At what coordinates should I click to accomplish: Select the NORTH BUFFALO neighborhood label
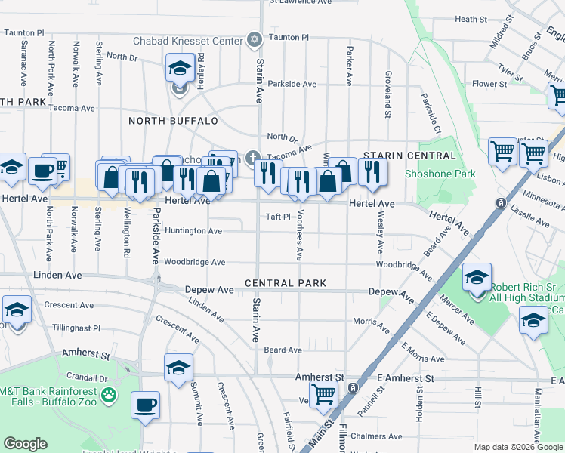pos(173,121)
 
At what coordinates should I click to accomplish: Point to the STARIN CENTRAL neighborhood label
pos(409,156)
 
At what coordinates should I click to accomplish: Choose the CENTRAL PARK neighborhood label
pos(286,283)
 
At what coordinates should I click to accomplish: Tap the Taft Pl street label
pos(278,217)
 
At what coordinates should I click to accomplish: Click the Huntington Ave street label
pos(193,231)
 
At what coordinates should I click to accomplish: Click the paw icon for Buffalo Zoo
pos(110,394)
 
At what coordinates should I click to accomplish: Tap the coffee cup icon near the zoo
pos(146,405)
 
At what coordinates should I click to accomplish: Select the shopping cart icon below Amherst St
pos(323,393)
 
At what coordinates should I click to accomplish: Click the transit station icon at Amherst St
pos(353,388)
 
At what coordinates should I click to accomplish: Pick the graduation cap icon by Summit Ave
pos(178,368)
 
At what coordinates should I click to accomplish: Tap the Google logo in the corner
pos(25,444)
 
